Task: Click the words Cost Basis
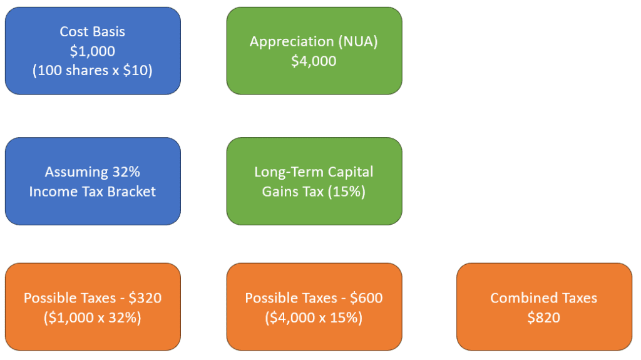pyautogui.click(x=93, y=31)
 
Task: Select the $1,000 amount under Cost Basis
pyautogui.click(x=93, y=51)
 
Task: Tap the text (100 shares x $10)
pyautogui.click(x=93, y=70)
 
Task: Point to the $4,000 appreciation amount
pyautogui.click(x=314, y=61)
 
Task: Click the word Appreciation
pyautogui.click(x=292, y=41)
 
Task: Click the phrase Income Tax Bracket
pyautogui.click(x=93, y=191)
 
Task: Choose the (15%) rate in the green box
pyautogui.click(x=346, y=191)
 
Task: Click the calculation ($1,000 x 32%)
pyautogui.click(x=93, y=317)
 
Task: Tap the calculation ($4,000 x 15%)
pyautogui.click(x=314, y=317)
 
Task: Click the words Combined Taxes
pyautogui.click(x=544, y=298)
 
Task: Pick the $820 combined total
pyautogui.click(x=544, y=317)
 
